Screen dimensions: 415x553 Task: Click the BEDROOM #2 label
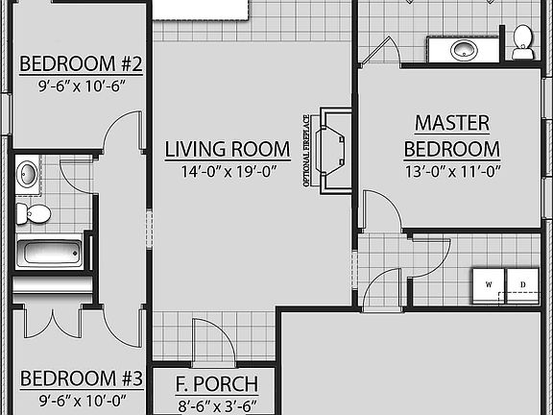pos(81,65)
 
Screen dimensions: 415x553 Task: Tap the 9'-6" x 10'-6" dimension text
pos(81,85)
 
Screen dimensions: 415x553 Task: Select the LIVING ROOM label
pos(227,149)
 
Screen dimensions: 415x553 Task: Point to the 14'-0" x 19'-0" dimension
pos(227,172)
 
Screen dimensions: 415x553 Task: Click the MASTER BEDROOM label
pos(452,135)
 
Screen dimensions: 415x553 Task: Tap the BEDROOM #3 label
pos(81,378)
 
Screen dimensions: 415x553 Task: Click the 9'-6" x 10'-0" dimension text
pos(81,398)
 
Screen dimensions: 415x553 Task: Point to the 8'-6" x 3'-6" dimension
pos(216,404)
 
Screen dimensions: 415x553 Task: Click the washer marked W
pos(489,284)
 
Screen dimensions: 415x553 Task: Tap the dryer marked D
pos(522,284)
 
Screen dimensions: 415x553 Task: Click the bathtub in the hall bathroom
pos(49,254)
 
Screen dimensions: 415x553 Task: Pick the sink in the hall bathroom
pos(28,175)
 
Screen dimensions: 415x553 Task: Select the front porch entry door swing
pos(210,338)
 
